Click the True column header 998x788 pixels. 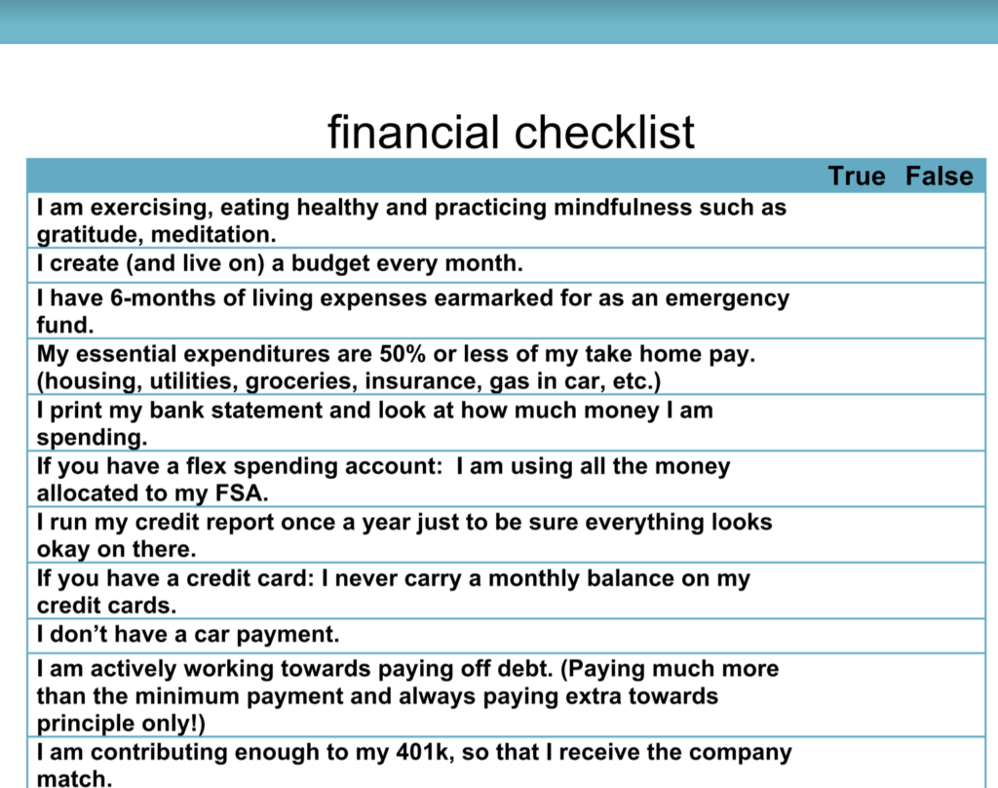(x=856, y=176)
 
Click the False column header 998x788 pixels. (x=940, y=176)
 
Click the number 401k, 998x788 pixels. (x=426, y=752)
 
